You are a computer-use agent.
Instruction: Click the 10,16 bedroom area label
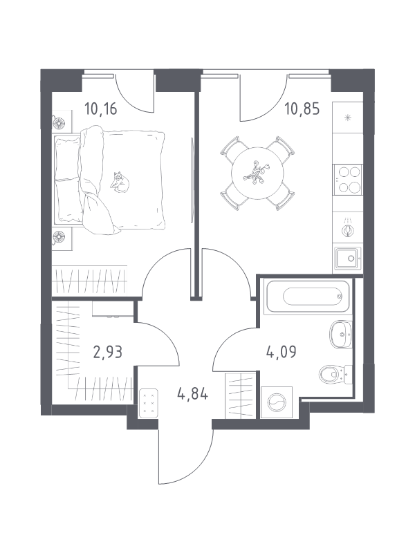coord(100,109)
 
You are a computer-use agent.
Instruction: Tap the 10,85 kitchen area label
coord(302,109)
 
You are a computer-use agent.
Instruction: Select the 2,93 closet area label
coord(108,352)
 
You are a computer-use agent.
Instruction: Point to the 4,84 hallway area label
coord(193,393)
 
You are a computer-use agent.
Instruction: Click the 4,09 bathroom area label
coord(282,352)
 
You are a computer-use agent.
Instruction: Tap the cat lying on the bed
coord(119,182)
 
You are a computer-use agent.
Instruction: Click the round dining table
coord(257,174)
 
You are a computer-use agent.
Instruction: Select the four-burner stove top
coord(348,179)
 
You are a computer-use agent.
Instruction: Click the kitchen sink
coord(348,258)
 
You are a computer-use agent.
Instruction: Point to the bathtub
coord(308,296)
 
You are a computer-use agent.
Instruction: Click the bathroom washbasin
coord(341,335)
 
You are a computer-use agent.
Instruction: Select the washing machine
coord(277,402)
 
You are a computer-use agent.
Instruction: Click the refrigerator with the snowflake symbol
coord(348,118)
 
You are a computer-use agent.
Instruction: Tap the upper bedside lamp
coord(58,123)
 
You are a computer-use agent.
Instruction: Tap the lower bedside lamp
coord(58,237)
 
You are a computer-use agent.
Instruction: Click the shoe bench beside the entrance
coord(148,404)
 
